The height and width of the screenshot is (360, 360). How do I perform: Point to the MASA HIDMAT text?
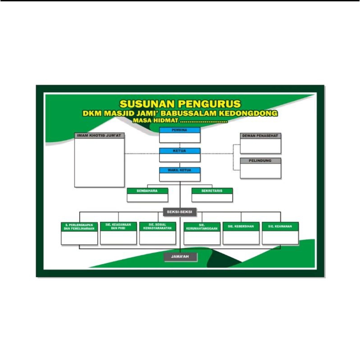(x=156, y=120)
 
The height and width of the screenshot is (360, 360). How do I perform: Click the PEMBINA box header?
(x=180, y=130)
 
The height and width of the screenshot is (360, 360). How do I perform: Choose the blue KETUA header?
(x=180, y=151)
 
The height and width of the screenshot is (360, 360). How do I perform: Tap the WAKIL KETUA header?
(x=180, y=170)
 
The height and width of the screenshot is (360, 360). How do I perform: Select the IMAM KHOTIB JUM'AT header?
(x=99, y=135)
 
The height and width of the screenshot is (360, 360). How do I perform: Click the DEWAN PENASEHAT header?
(x=261, y=136)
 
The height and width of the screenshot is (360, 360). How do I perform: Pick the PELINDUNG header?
(x=261, y=161)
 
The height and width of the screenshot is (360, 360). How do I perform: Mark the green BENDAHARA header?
(x=148, y=191)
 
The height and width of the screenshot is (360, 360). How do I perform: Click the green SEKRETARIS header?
(x=212, y=191)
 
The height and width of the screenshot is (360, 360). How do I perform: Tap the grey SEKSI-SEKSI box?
(x=180, y=212)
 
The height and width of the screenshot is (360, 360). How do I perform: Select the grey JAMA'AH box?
(x=180, y=256)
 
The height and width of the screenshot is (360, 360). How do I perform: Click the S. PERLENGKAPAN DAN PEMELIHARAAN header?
(x=79, y=227)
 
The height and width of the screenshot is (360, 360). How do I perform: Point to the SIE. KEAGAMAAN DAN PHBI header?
(x=118, y=226)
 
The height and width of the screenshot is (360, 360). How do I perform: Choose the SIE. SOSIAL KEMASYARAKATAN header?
(x=157, y=226)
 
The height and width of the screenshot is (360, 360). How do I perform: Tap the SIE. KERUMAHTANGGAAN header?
(x=202, y=227)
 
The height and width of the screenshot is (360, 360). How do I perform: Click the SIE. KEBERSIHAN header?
(x=241, y=226)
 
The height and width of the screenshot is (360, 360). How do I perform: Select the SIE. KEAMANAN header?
(x=280, y=226)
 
